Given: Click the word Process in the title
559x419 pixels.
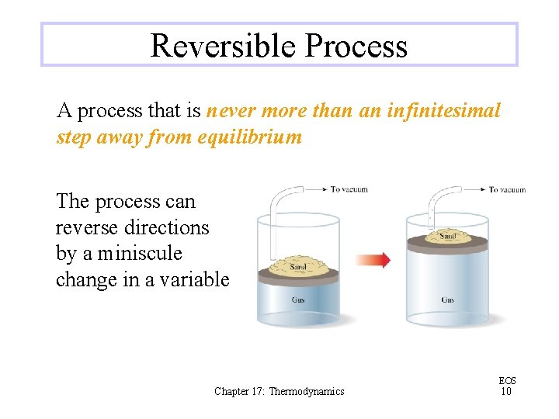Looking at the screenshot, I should click(356, 46).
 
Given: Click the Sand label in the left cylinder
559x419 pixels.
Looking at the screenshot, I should click(298, 267).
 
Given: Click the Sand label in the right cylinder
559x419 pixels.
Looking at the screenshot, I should click(447, 235).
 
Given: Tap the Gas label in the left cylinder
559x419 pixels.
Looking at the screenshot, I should click(298, 300).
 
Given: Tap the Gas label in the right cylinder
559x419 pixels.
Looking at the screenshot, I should click(448, 300).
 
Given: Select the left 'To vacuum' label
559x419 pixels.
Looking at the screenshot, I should click(349, 189).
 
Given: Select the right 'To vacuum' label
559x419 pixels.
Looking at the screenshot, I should click(507, 189).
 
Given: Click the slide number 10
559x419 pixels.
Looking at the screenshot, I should click(506, 391).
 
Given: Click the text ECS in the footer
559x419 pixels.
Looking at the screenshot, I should click(507, 380).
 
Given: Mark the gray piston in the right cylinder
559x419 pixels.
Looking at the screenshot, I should click(446, 244).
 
